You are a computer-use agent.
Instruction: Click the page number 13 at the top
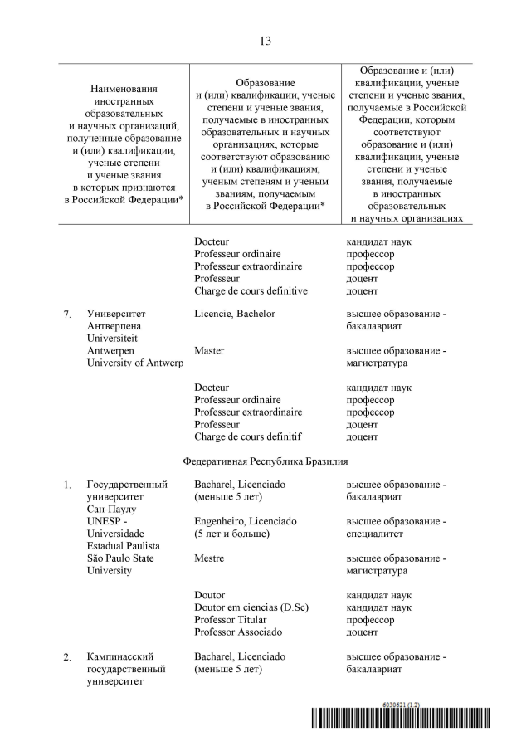(265, 41)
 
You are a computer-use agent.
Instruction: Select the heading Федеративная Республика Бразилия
(265, 461)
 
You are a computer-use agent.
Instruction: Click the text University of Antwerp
(134, 363)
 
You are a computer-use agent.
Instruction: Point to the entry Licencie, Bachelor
(235, 315)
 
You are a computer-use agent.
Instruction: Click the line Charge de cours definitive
(251, 291)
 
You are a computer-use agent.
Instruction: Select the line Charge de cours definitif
(247, 436)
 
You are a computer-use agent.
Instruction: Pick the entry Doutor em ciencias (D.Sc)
(251, 607)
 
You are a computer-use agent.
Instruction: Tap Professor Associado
(236, 632)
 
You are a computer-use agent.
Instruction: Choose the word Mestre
(209, 558)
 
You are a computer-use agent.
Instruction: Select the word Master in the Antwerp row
(209, 351)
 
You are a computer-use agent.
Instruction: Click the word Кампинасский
(120, 656)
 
